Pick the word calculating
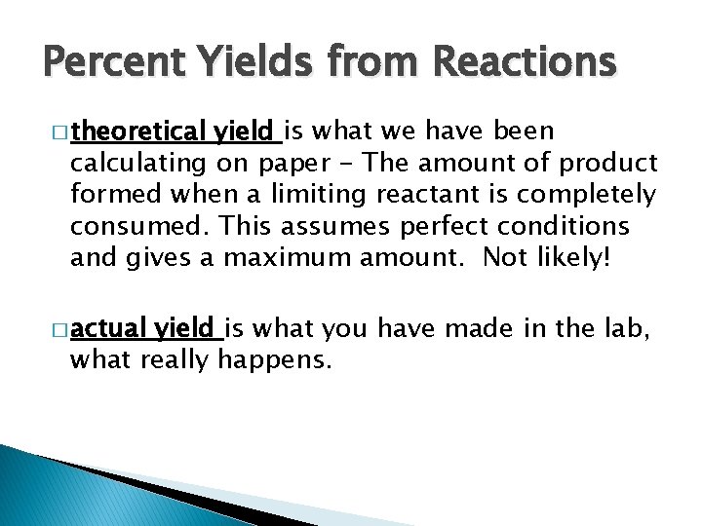coord(136,163)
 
